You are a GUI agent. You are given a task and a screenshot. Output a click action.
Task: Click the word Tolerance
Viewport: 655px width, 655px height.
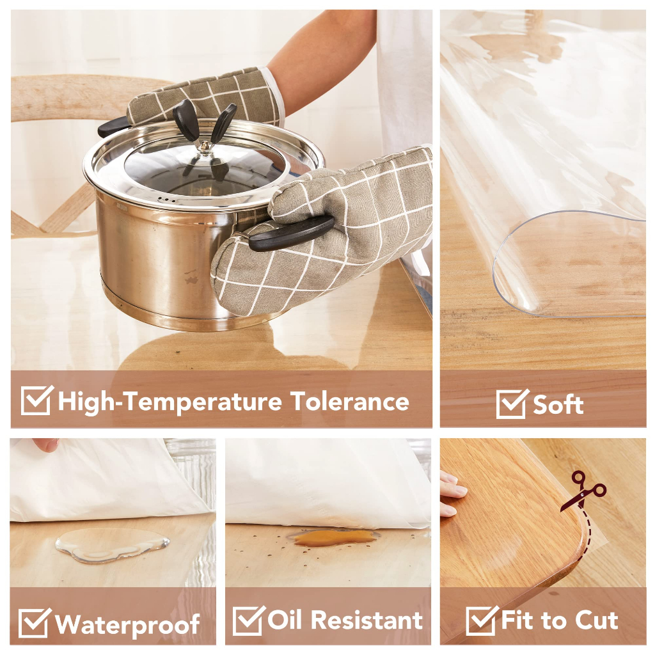coord(350,402)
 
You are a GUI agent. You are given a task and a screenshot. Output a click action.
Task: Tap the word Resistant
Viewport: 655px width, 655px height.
coord(367,620)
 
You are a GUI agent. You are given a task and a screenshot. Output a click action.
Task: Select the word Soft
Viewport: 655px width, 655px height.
coord(558,405)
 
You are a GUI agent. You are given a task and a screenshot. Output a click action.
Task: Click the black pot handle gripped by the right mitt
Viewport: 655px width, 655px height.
coord(292,233)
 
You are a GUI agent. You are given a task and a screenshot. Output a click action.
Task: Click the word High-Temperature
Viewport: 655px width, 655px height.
coord(170,402)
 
